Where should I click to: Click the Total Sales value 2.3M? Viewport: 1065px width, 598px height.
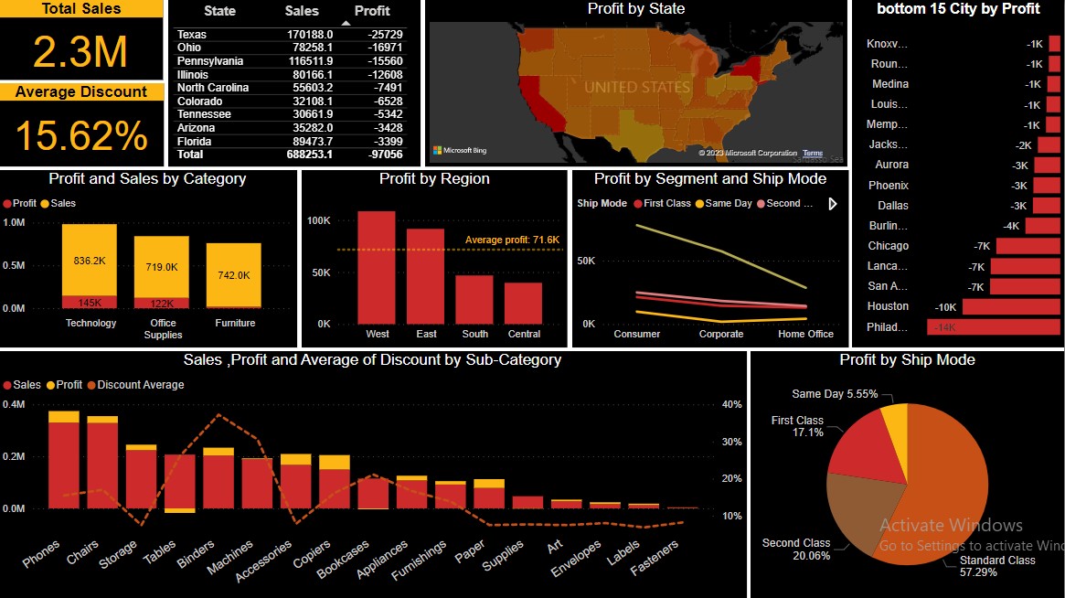pyautogui.click(x=80, y=52)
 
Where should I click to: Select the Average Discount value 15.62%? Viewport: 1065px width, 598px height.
pyautogui.click(x=80, y=135)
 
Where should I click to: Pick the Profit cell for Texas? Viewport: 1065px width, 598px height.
pyautogui.click(x=385, y=35)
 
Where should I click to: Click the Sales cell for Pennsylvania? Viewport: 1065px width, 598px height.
pyautogui.click(x=309, y=61)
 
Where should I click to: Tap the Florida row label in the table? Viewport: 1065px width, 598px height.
pyautogui.click(x=193, y=142)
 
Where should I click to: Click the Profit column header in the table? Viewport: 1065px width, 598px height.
pyautogui.click(x=371, y=11)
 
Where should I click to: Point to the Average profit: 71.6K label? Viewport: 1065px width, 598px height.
pyautogui.click(x=512, y=240)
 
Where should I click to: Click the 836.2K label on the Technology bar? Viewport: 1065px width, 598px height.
pyautogui.click(x=90, y=261)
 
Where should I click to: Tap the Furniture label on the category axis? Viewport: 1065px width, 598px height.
pyautogui.click(x=235, y=323)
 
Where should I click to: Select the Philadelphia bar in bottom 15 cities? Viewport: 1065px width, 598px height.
pyautogui.click(x=993, y=327)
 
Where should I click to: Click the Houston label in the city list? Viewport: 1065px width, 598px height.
pyautogui.click(x=888, y=306)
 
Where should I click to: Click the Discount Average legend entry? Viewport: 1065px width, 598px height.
pyautogui.click(x=140, y=385)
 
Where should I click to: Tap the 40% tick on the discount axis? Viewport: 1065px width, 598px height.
pyautogui.click(x=731, y=404)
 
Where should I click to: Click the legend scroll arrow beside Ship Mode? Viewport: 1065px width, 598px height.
pyautogui.click(x=833, y=204)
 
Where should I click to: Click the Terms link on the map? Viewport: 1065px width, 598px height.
pyautogui.click(x=812, y=154)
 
